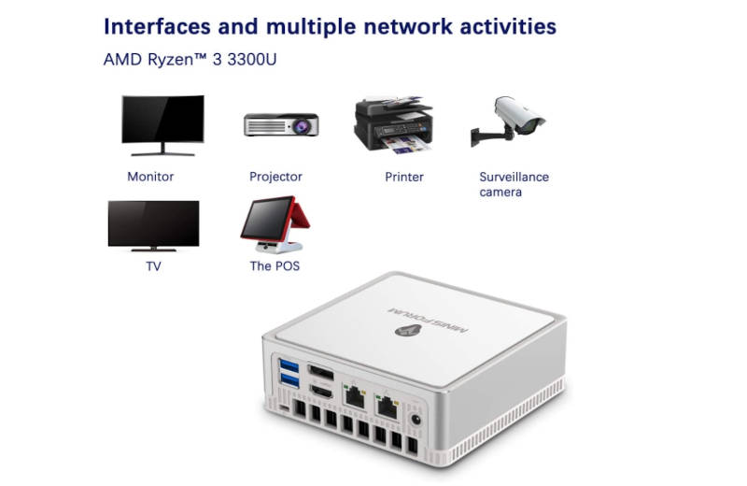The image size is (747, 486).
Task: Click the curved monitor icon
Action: click(x=162, y=125)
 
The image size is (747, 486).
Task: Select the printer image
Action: click(x=393, y=125)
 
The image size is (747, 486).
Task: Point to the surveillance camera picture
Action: click(x=508, y=121)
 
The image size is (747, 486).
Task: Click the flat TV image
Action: click(x=153, y=226)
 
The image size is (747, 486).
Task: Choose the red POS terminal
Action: click(x=275, y=224)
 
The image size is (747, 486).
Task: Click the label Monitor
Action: click(x=150, y=177)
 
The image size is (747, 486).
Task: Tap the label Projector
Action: click(x=275, y=177)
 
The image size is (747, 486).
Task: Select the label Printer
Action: click(x=404, y=177)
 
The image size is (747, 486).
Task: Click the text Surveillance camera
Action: click(x=514, y=184)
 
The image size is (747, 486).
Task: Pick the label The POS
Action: click(x=275, y=266)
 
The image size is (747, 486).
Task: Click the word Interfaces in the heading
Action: click(x=157, y=27)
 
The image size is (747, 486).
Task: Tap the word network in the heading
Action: click(x=408, y=27)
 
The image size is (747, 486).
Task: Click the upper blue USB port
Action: click(x=289, y=366)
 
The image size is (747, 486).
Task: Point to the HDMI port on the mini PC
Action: click(x=321, y=391)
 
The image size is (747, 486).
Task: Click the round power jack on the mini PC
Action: click(x=416, y=420)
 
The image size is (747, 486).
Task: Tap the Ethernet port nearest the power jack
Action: click(x=388, y=407)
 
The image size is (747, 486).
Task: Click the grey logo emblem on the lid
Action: click(x=408, y=330)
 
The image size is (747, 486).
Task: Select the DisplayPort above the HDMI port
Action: click(x=321, y=372)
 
